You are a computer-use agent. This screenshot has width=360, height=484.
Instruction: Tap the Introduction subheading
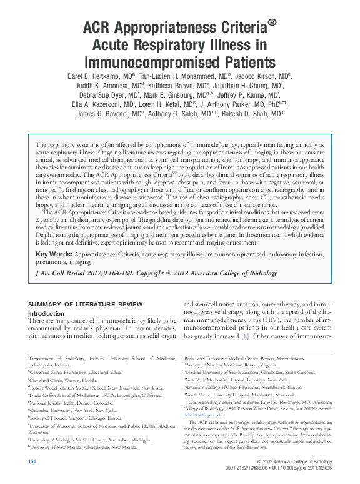tap(47, 313)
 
